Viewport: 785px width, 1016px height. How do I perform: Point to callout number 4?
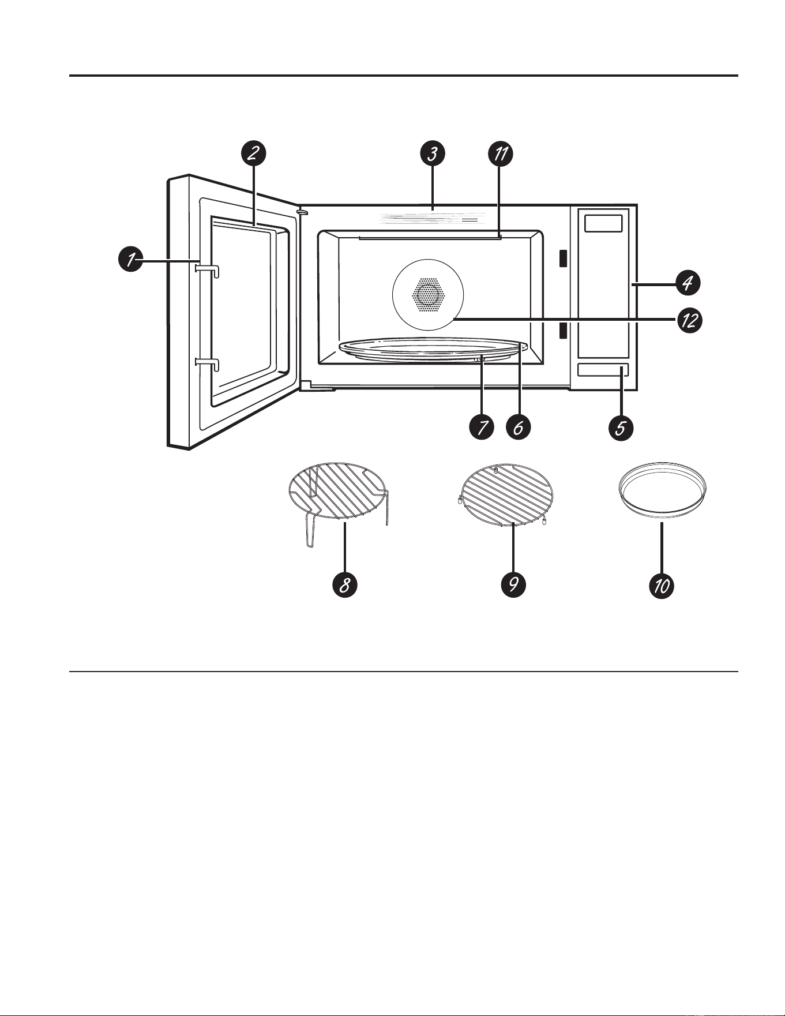(687, 283)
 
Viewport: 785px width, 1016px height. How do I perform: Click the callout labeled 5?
(621, 428)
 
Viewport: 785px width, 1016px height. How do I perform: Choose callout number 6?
(518, 428)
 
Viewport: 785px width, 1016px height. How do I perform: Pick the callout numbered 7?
(482, 428)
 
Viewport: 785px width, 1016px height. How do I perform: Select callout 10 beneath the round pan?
(662, 585)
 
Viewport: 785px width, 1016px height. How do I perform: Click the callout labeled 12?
(689, 320)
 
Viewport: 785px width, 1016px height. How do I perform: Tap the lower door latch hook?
(208, 363)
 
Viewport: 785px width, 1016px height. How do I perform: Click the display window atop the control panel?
(603, 223)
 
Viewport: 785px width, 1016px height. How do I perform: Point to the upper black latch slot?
(562, 258)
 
